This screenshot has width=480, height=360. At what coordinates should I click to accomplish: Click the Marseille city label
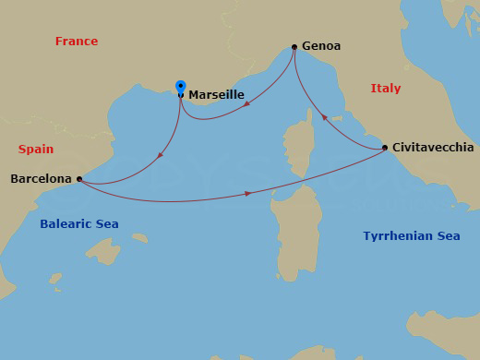coord(216,94)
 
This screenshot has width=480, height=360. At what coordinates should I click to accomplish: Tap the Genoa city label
coord(321,46)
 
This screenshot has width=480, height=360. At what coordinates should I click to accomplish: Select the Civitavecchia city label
coord(433,148)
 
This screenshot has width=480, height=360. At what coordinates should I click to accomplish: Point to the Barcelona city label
coord(41,179)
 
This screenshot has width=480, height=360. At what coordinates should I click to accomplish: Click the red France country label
coord(77,42)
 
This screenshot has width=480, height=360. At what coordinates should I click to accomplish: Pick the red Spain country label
coord(36,149)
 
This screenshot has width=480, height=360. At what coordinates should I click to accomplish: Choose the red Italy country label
coord(386,89)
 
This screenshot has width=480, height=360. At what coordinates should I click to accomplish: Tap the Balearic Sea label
coord(79,224)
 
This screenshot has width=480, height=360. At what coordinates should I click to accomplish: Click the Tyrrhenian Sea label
coord(411,236)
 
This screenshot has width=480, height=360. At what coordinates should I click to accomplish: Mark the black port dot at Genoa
coord(294,47)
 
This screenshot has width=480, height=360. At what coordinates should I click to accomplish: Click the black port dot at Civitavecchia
coord(385,149)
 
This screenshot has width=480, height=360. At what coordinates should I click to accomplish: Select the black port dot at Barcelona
coord(79,179)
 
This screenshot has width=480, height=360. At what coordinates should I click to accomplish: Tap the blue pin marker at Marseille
coord(181,87)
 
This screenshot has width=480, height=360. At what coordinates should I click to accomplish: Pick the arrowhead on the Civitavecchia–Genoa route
coord(324,118)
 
